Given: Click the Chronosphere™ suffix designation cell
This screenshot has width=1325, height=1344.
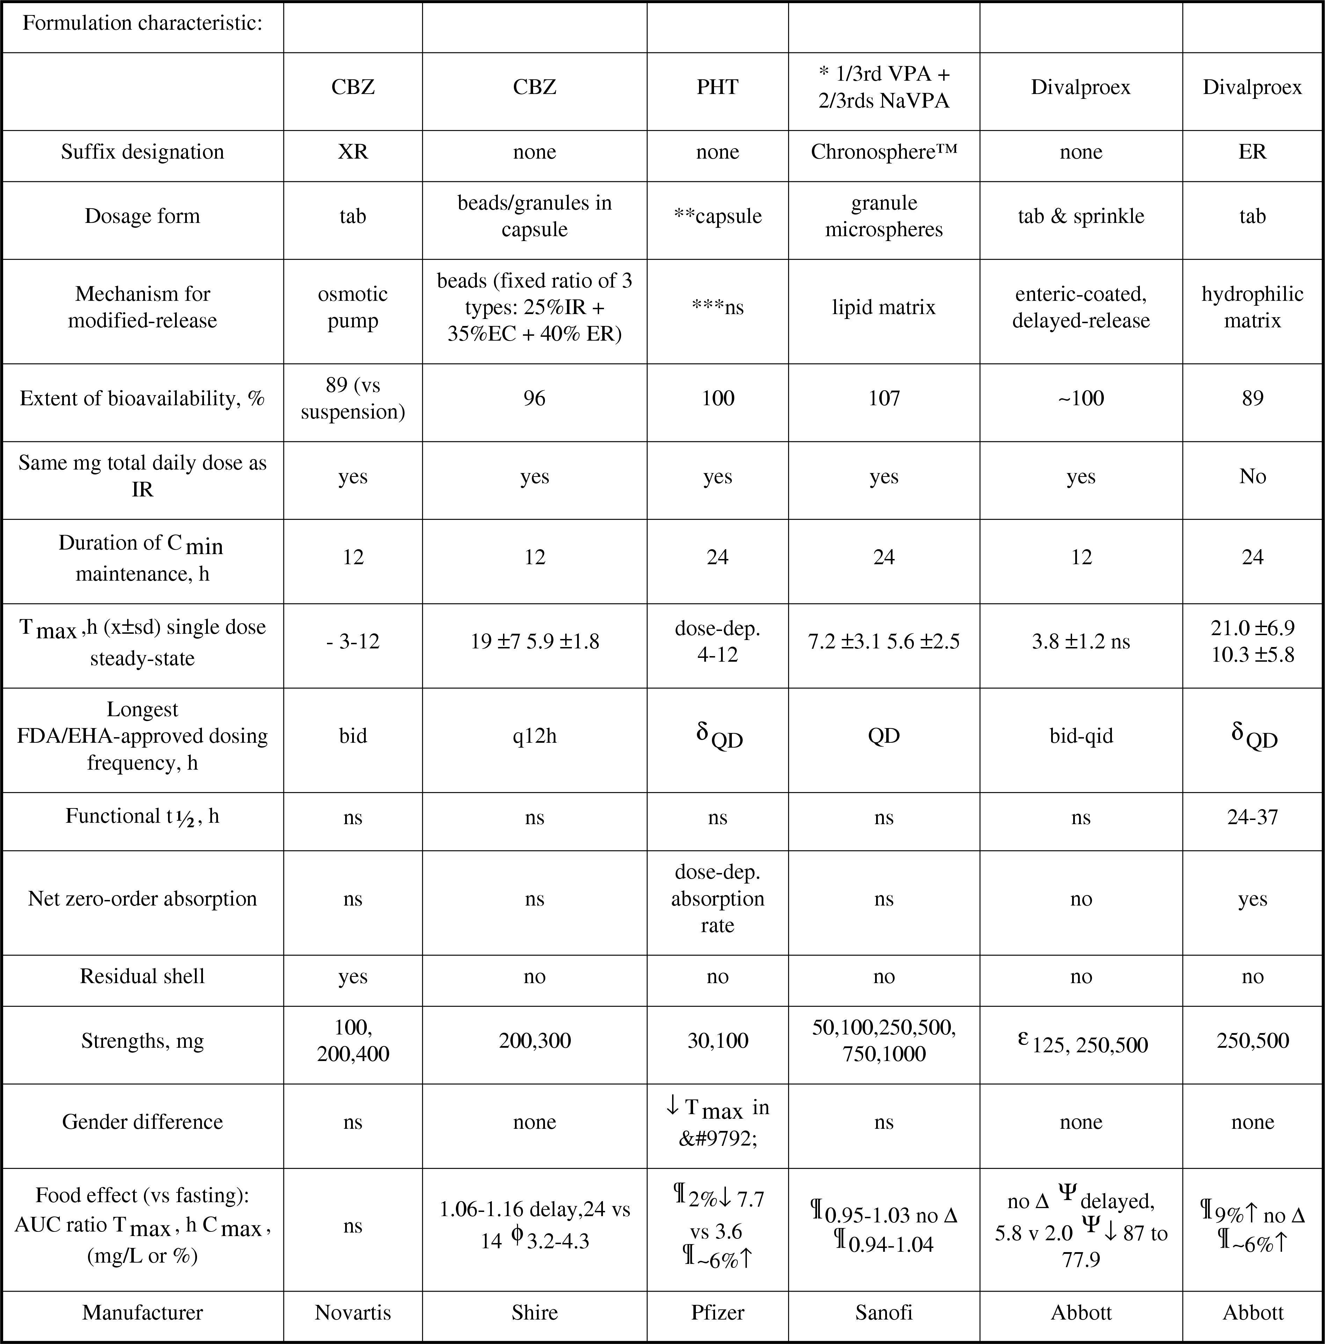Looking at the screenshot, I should click(883, 152).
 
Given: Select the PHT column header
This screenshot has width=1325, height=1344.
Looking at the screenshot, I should click(717, 87).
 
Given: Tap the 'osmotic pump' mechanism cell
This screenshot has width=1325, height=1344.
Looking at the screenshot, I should click(352, 307).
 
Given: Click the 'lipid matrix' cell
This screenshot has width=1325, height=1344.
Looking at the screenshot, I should click(883, 307).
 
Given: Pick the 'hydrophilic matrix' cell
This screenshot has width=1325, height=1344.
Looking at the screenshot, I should click(1252, 307).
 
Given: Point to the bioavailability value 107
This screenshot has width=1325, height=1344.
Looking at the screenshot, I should click(883, 398).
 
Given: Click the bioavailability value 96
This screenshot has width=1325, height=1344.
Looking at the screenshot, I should click(534, 398).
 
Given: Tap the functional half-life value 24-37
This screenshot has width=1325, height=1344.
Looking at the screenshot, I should click(1252, 817).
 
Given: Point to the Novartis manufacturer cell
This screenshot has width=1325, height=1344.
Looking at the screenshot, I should click(352, 1312).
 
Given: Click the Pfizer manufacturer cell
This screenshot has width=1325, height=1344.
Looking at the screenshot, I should click(717, 1312).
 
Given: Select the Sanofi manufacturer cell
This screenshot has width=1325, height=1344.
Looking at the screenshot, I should click(883, 1312).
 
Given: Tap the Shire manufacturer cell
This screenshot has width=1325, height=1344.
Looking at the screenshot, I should click(534, 1312).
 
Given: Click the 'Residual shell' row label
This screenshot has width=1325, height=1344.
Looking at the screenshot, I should click(143, 976).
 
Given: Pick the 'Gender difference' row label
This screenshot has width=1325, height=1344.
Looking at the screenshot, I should click(143, 1121).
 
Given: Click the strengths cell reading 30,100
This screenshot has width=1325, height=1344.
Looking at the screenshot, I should click(717, 1041).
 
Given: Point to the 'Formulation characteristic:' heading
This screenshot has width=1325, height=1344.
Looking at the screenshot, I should click(143, 23).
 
